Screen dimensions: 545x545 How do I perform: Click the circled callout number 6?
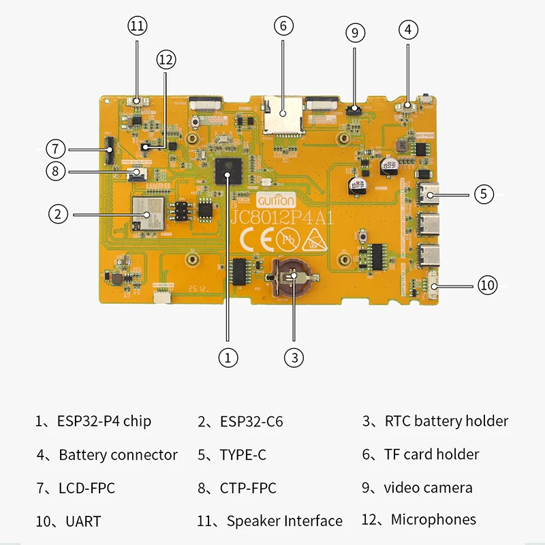284,27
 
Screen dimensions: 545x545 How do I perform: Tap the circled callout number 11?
137,27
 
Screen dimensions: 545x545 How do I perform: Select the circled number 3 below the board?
293,356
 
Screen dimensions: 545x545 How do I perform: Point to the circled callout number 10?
487,285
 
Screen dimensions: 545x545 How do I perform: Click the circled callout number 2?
59,214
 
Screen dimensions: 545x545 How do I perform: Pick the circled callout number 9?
355,32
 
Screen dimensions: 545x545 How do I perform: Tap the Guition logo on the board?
277,201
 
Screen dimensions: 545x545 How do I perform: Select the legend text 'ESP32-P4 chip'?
103,421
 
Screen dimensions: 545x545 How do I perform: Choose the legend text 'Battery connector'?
118,454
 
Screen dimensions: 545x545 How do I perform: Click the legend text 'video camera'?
428,488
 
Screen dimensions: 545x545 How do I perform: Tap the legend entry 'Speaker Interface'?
284,521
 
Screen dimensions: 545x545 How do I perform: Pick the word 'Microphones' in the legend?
433,520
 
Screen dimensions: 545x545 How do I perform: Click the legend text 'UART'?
83,522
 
